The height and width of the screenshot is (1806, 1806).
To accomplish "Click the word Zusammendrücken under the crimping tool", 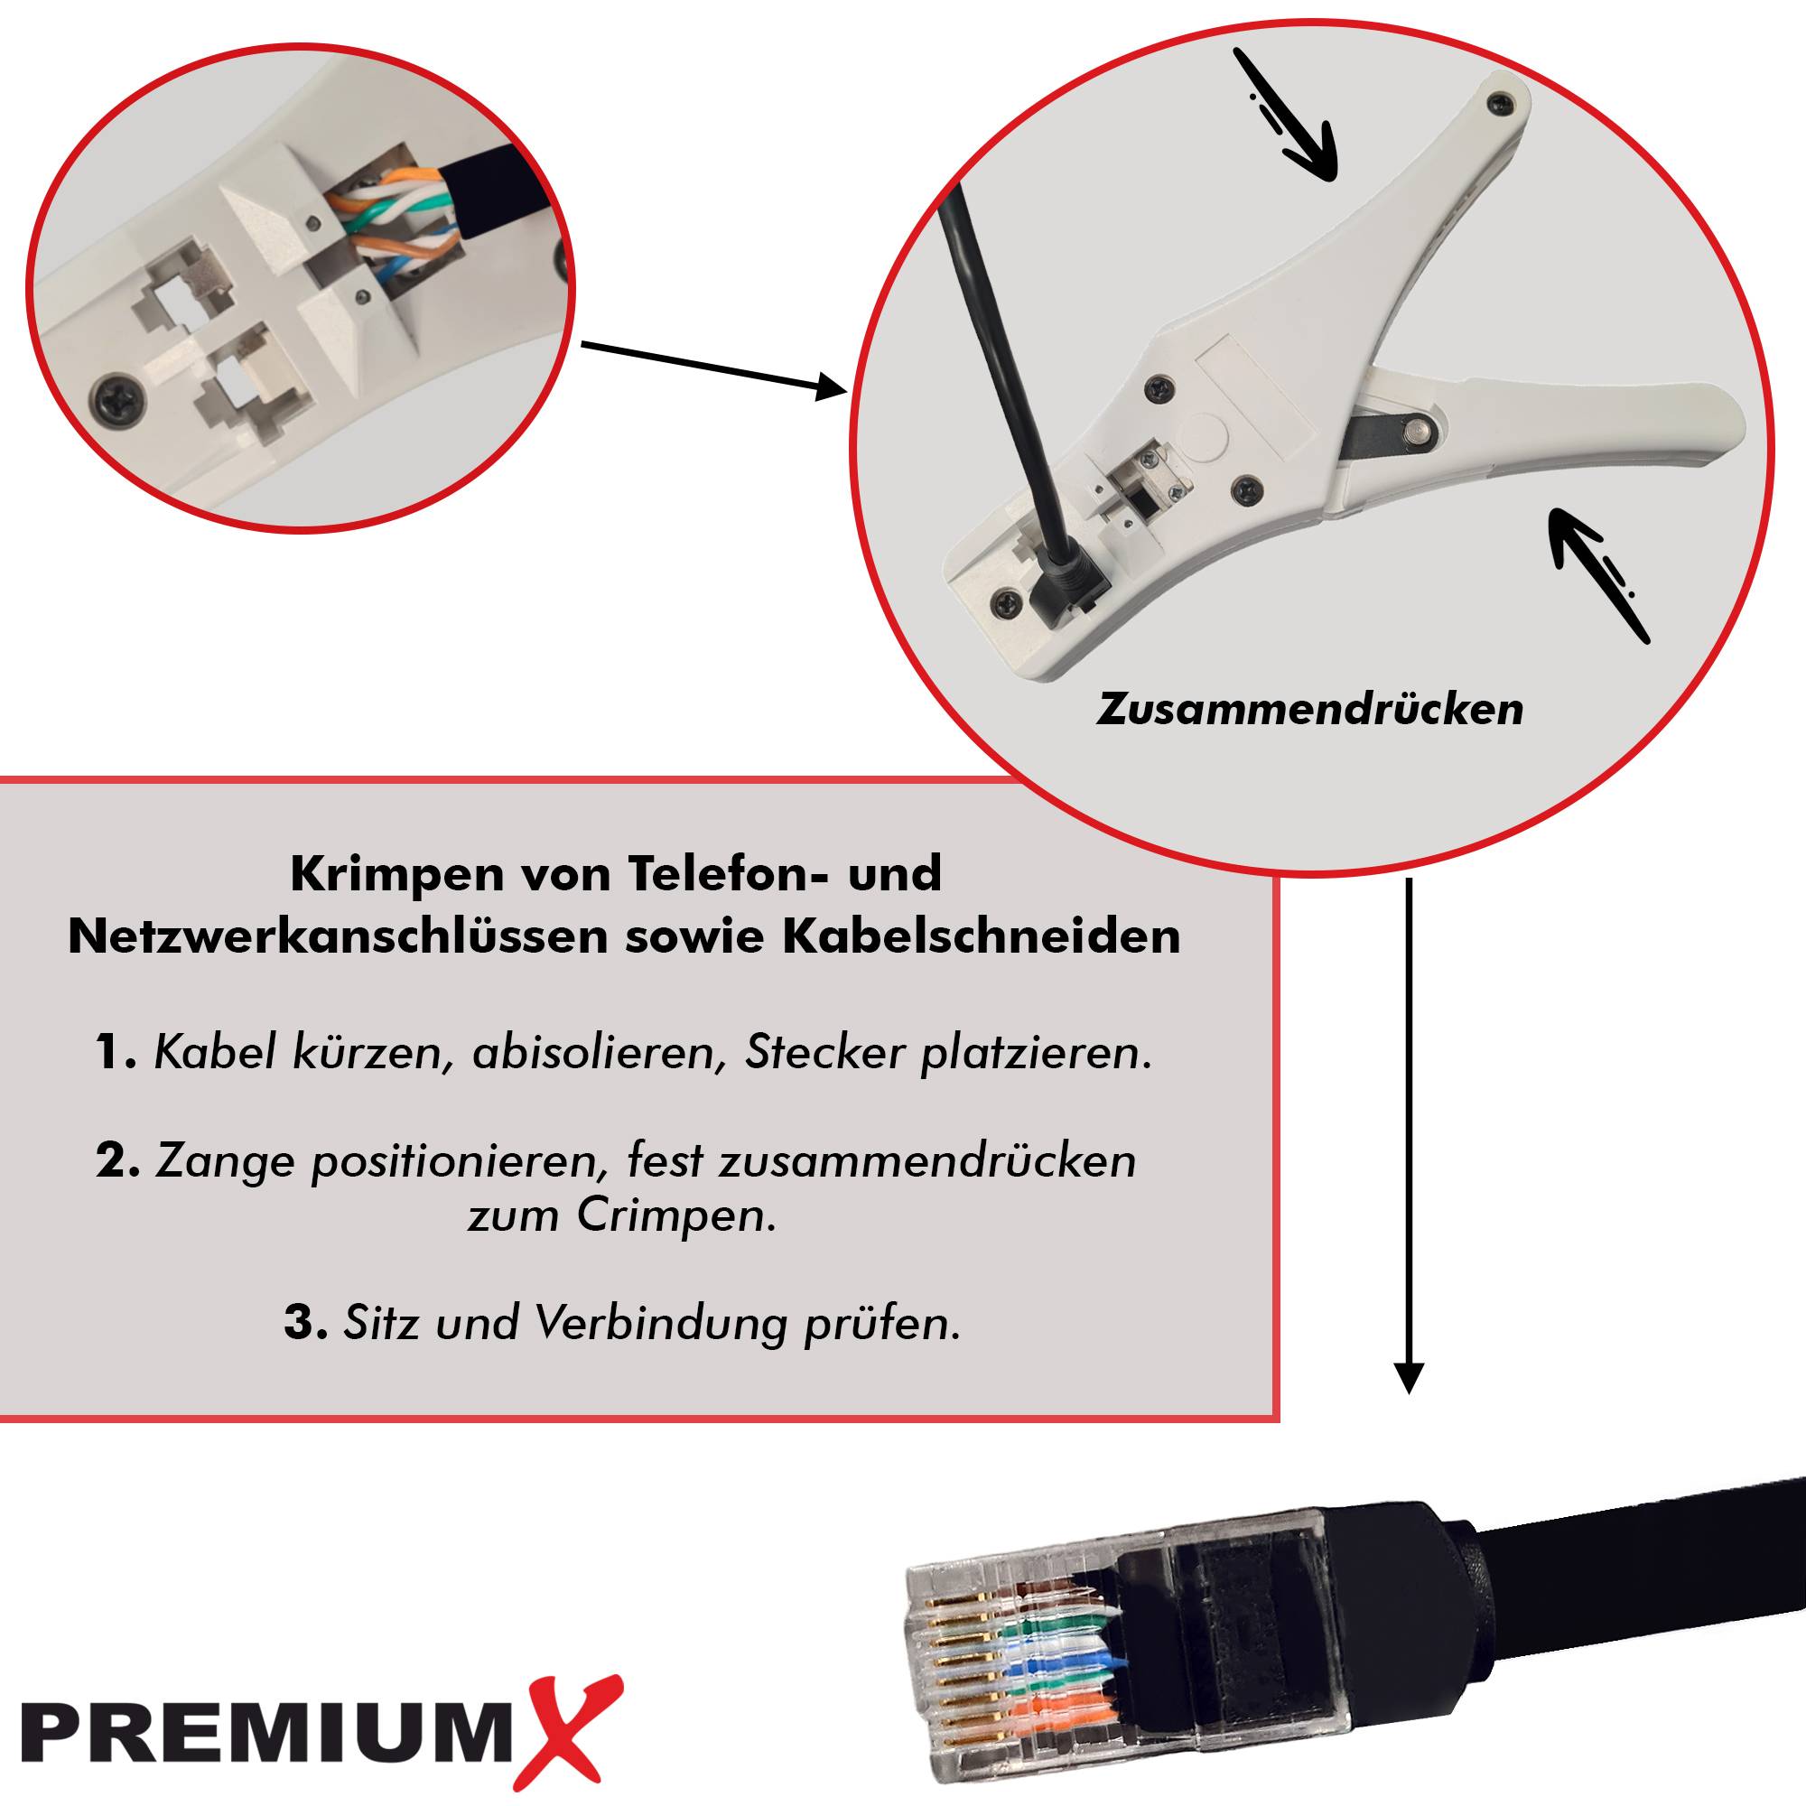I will pyautogui.click(x=1309, y=710).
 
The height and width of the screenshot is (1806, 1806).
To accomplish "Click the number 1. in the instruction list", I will pyautogui.click(x=116, y=1053).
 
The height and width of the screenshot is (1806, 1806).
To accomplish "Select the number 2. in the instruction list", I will pyautogui.click(x=117, y=1161).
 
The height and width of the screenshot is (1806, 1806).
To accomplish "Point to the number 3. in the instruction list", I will pyautogui.click(x=306, y=1323).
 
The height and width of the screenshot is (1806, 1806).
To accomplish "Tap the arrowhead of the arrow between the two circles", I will pyautogui.click(x=830, y=386).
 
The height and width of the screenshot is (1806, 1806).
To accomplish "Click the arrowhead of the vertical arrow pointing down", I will pyautogui.click(x=1409, y=1378).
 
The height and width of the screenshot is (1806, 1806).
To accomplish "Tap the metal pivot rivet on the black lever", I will pyautogui.click(x=1420, y=429).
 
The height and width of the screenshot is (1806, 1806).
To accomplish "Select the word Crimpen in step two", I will pyautogui.click(x=674, y=1216).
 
